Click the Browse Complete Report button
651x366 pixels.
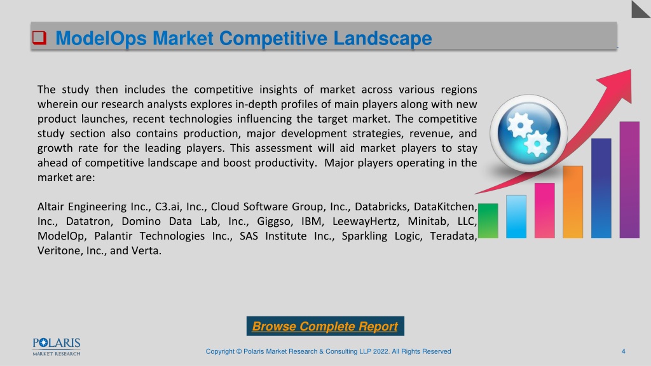[325, 326]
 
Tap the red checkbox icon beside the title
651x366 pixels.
[39, 37]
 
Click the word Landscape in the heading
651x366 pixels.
[382, 38]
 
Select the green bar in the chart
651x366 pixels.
[488, 220]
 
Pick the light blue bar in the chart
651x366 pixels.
[516, 217]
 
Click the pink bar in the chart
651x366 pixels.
[544, 210]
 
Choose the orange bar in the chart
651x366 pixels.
[573, 202]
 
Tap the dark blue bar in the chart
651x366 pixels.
[601, 188]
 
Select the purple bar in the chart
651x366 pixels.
[629, 180]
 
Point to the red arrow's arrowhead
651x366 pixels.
[619, 85]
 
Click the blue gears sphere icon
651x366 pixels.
[528, 133]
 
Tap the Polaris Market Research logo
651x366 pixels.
[57, 347]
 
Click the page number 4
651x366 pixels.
[623, 351]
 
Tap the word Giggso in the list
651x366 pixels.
[273, 222]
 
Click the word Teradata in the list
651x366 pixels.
[453, 236]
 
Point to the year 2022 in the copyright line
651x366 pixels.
[381, 351]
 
